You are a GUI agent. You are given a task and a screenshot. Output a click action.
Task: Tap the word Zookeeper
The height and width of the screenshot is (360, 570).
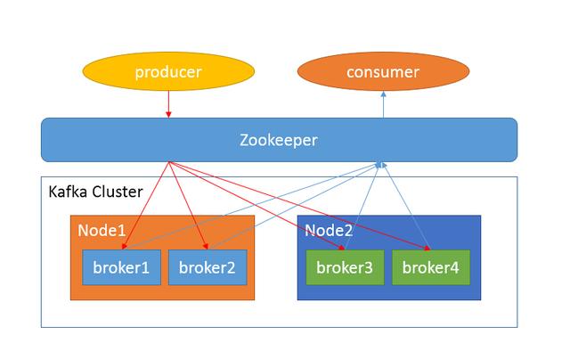pos(279,140)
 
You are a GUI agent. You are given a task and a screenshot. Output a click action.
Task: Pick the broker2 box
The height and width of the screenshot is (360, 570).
pos(201,267)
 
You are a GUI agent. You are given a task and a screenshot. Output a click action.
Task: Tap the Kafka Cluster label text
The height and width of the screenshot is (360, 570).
pos(95,192)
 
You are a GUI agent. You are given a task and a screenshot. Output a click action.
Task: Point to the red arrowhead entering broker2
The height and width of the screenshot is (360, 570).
pos(207,248)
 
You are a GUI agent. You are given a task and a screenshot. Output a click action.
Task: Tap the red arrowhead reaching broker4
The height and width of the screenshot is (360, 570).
pos(429,248)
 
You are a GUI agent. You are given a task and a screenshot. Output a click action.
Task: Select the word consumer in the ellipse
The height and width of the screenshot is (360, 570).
pos(384,72)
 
